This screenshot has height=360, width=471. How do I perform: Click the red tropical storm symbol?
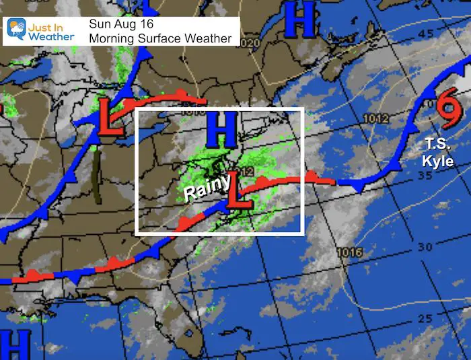point(445,110)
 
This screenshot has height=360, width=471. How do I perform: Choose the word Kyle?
point(439,161)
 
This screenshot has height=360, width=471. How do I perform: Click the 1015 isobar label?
point(351,252)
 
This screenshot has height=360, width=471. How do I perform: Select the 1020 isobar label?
point(249,43)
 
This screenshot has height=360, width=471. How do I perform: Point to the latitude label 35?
point(424,175)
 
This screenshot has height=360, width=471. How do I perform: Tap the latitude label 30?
point(425,246)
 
